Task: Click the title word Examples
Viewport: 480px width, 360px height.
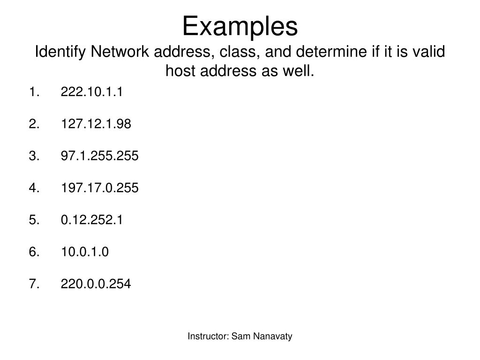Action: pyautogui.click(x=240, y=27)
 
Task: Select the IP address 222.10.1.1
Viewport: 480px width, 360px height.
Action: pyautogui.click(x=91, y=92)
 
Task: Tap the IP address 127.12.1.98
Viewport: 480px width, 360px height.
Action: pyautogui.click(x=96, y=124)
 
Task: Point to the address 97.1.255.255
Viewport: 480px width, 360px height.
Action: pyautogui.click(x=99, y=156)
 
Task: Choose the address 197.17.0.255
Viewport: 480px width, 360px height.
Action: pyautogui.click(x=99, y=188)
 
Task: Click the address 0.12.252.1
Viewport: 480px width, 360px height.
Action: pyautogui.click(x=91, y=220)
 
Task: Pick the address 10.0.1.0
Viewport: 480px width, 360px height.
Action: pyautogui.click(x=84, y=252)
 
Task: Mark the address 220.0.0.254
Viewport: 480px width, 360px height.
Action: pyautogui.click(x=96, y=284)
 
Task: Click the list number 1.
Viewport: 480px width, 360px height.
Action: pyautogui.click(x=32, y=92)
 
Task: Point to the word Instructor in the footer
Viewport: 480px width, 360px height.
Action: pyautogui.click(x=208, y=336)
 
